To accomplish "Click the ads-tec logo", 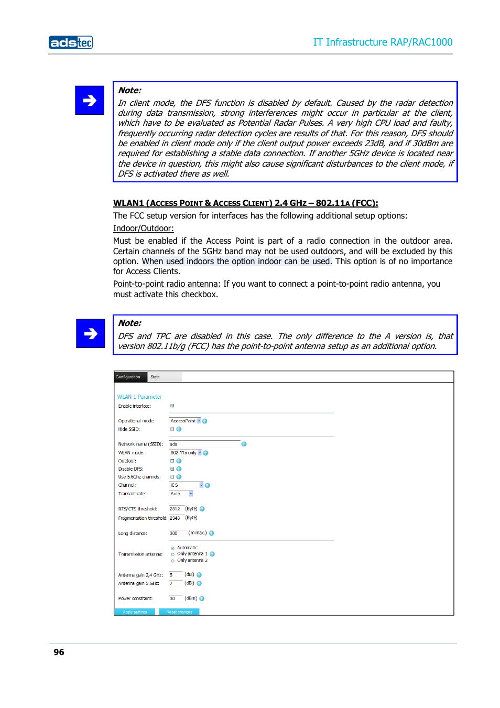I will [71, 42].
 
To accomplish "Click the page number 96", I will [59, 652].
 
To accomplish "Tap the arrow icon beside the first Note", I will [90, 100].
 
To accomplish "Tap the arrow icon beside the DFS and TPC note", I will [91, 333].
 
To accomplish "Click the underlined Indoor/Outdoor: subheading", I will [143, 228].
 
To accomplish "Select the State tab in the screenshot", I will [155, 377].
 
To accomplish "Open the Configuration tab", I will [128, 377].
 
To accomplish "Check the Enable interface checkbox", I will [172, 406].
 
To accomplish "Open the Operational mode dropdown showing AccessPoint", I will [185, 421].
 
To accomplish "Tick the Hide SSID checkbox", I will [172, 429].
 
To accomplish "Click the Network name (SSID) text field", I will [204, 444].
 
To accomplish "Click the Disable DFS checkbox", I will [172, 469].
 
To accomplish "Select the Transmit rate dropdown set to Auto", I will [181, 494].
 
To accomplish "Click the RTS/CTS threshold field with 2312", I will [176, 509].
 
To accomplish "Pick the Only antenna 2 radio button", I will [172, 561].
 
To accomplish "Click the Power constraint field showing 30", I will [175, 598].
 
